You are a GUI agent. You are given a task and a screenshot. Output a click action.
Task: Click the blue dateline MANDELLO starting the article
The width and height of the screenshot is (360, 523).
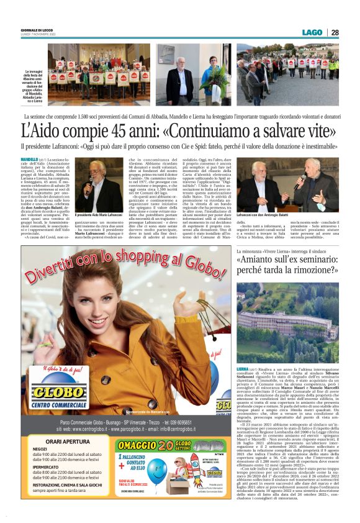pos(29,160)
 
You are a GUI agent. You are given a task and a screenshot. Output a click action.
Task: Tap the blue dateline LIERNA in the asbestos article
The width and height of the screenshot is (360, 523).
pos(243,369)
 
